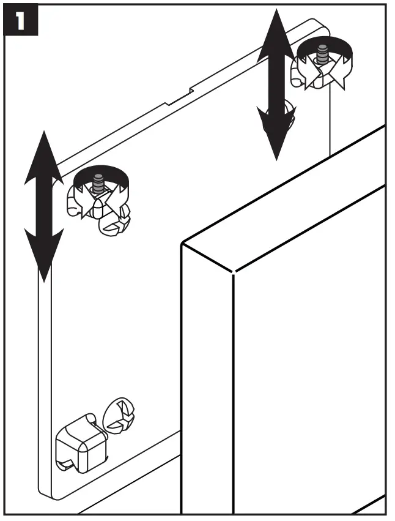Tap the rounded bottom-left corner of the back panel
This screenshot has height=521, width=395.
(x=43, y=490)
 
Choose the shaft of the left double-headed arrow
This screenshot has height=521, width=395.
(x=43, y=205)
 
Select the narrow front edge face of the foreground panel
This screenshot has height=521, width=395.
(x=207, y=392)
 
